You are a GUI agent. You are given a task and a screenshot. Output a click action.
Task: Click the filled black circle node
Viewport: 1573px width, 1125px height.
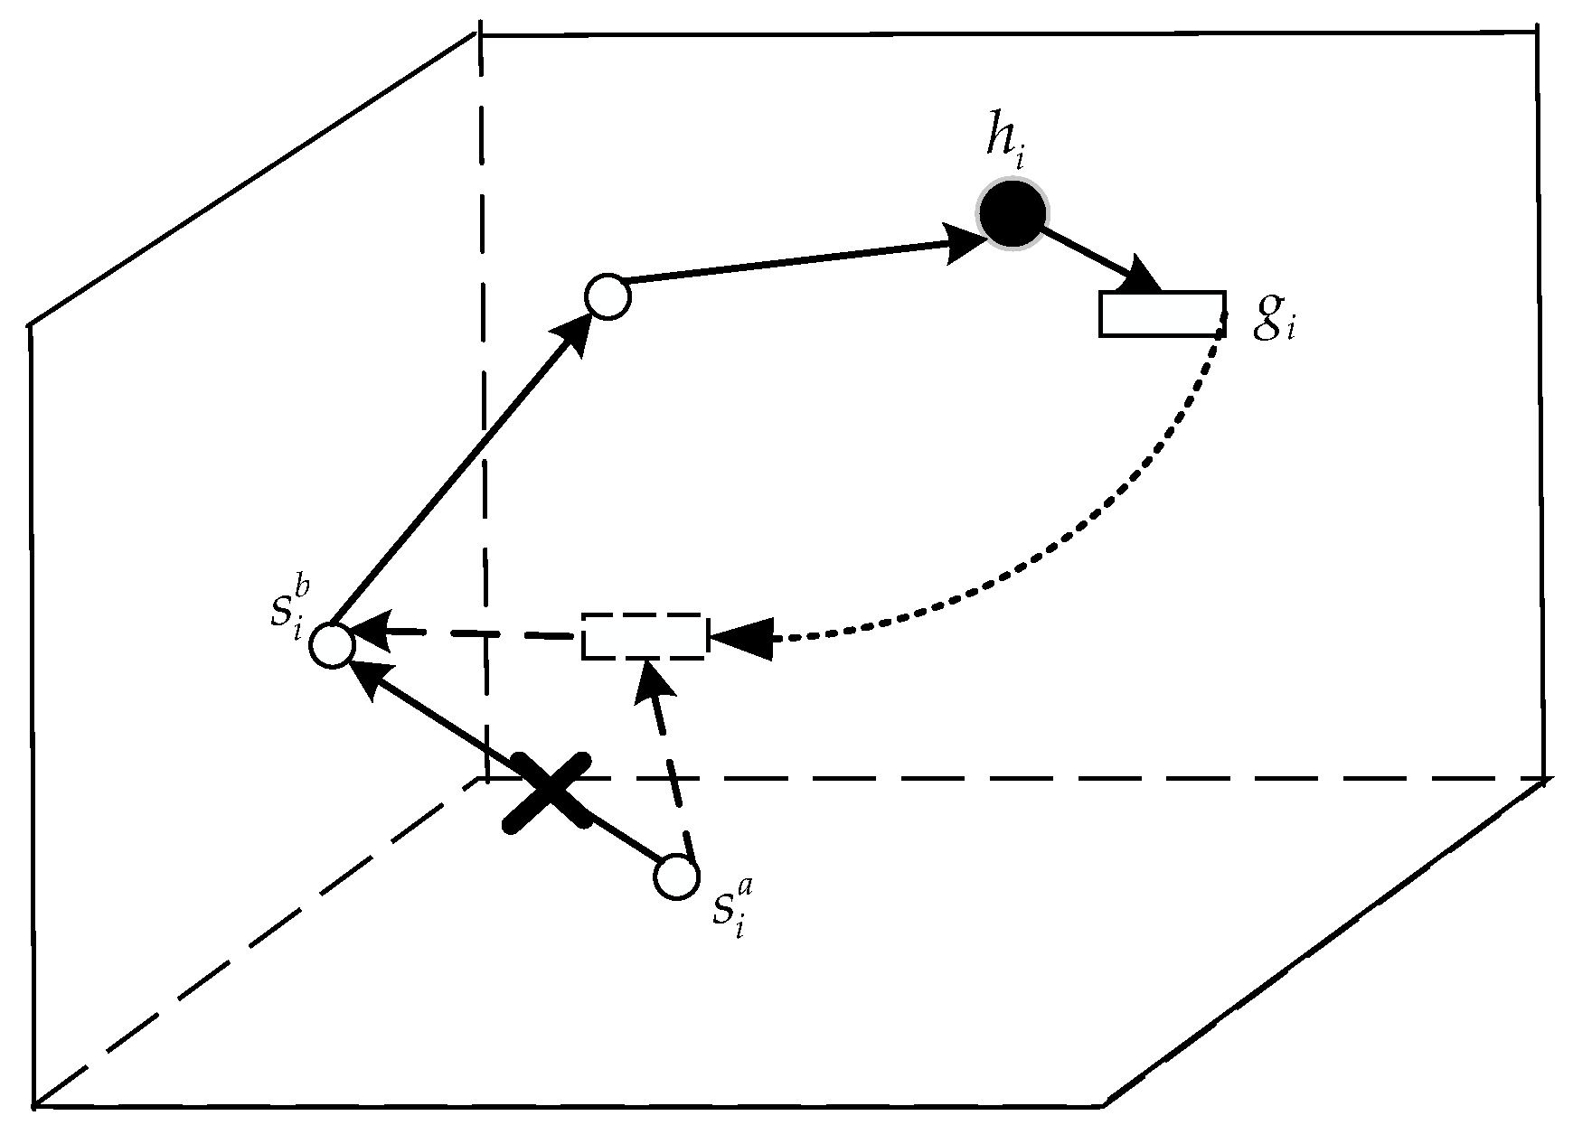[x=1012, y=214]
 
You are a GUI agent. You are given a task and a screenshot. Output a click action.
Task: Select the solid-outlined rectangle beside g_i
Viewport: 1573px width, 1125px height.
[x=1162, y=314]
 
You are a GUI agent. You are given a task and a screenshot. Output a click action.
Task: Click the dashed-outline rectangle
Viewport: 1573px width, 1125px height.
[x=642, y=636]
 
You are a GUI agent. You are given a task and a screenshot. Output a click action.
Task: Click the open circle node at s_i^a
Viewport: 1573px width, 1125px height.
[x=676, y=877]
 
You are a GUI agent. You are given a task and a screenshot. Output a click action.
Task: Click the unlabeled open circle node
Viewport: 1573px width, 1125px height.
[x=608, y=296]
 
